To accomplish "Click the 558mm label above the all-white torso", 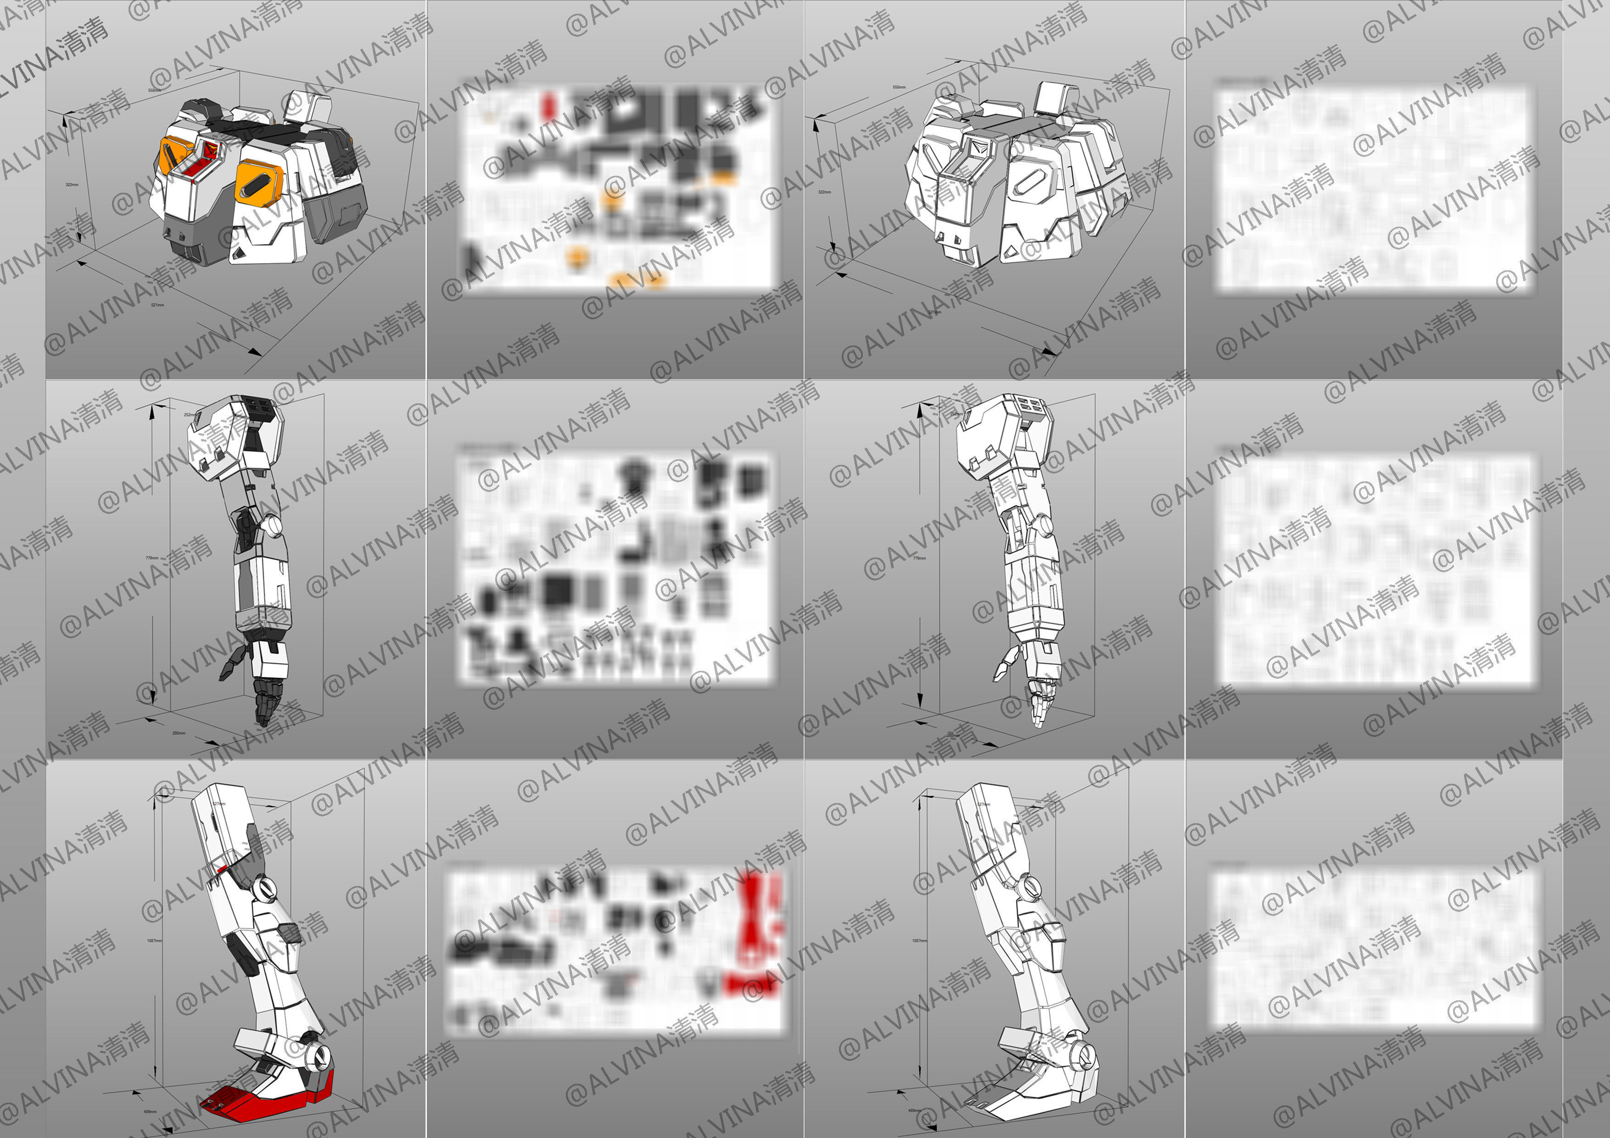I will (x=899, y=87).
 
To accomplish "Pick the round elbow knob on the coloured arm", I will (x=271, y=524).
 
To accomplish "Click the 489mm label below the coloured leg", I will (x=149, y=1112).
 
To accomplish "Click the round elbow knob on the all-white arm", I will (x=1043, y=524).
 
